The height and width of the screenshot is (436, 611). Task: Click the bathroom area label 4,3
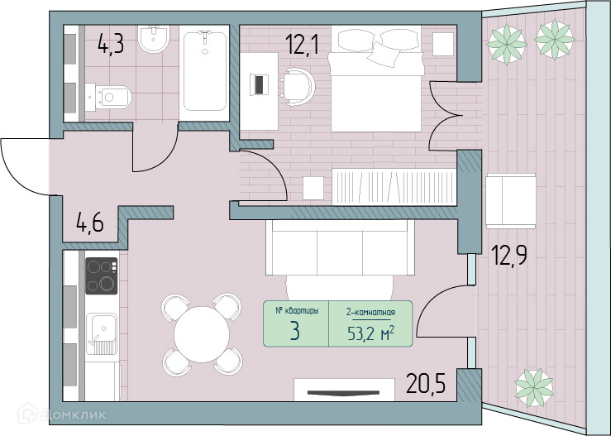click(111, 43)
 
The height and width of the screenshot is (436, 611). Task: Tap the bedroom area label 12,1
click(302, 44)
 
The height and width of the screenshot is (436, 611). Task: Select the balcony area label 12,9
click(509, 255)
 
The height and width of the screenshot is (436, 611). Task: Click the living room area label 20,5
click(426, 383)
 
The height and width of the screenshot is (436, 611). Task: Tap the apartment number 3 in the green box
click(295, 331)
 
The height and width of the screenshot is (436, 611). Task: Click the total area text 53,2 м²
click(370, 333)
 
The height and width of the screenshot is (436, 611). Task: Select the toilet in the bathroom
click(108, 96)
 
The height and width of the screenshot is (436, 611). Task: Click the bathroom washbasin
click(154, 39)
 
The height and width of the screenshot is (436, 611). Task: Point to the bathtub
click(204, 73)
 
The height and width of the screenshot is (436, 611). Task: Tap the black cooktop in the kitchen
click(102, 275)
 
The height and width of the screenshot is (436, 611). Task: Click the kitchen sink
click(102, 333)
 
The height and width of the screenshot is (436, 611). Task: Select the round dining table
click(202, 334)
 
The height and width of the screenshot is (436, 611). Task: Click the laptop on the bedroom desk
click(260, 84)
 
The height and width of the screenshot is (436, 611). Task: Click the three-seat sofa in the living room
click(340, 247)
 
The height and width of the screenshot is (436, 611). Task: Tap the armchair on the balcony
click(510, 201)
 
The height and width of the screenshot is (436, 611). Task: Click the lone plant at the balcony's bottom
click(534, 388)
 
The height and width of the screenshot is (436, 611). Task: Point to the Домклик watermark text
click(73, 414)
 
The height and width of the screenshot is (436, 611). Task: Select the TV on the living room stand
click(343, 393)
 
